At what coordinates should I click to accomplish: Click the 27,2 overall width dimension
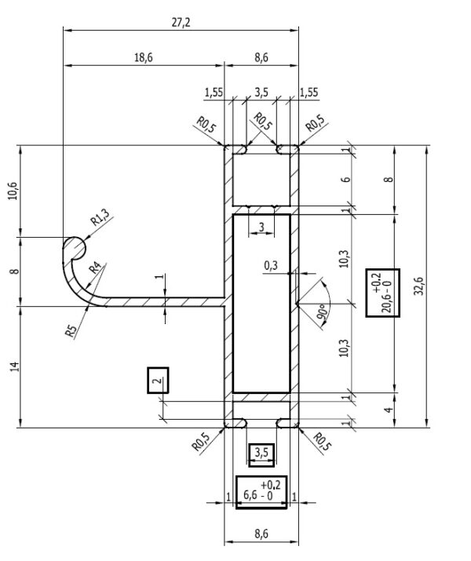click(x=181, y=23)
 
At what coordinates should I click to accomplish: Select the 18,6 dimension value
click(x=143, y=57)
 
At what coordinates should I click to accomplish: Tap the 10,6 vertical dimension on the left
click(x=13, y=191)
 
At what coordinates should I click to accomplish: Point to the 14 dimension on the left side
click(x=14, y=366)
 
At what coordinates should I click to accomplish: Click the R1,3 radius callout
click(x=100, y=217)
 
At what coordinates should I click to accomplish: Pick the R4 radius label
click(x=95, y=268)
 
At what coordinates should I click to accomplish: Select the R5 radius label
click(x=71, y=331)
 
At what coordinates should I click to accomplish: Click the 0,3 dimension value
click(x=271, y=265)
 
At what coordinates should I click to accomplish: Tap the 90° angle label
click(x=321, y=312)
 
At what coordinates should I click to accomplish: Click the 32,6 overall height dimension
click(x=418, y=286)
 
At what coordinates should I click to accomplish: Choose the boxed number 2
click(x=158, y=381)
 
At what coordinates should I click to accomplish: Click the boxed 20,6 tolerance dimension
click(x=382, y=293)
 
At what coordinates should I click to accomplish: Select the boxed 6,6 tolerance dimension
click(x=261, y=492)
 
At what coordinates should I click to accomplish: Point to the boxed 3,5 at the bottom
click(x=261, y=455)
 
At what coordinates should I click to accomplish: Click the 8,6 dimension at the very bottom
click(x=261, y=534)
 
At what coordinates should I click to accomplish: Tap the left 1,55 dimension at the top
click(x=214, y=93)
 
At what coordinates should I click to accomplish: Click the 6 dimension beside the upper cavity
click(x=346, y=180)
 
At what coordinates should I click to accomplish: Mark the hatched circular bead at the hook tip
click(x=75, y=247)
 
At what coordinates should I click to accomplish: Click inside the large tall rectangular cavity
click(x=261, y=304)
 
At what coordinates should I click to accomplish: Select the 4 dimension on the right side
click(x=389, y=410)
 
